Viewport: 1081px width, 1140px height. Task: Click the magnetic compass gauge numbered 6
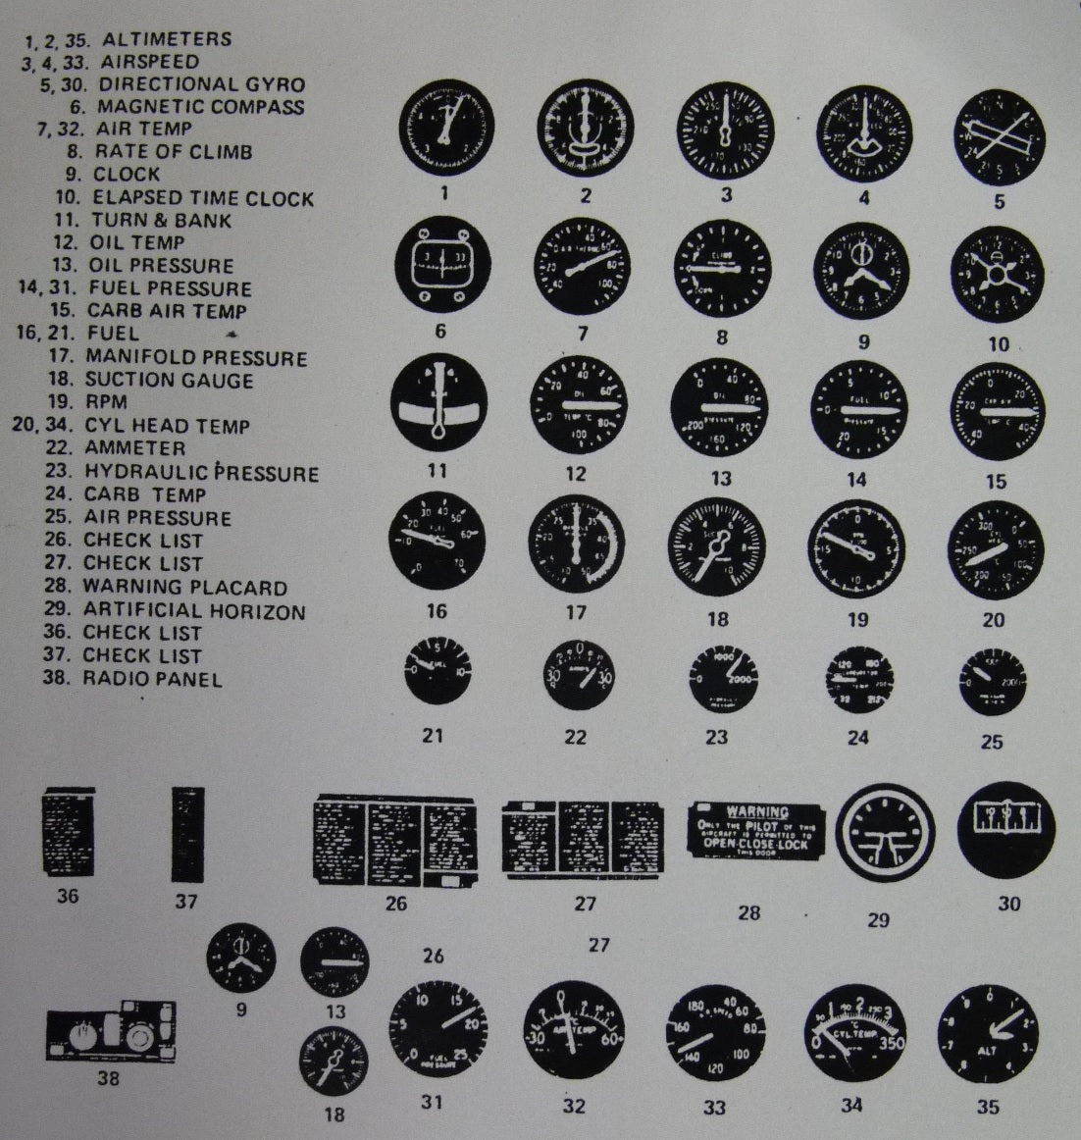[440, 267]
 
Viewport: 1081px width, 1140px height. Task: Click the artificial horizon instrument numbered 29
[886, 833]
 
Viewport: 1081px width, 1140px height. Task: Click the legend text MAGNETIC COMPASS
[201, 107]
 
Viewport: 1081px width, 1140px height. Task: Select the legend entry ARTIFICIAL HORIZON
[194, 611]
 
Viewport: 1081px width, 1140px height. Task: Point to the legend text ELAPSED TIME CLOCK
[203, 198]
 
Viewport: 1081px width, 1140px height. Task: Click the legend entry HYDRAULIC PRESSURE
[201, 473]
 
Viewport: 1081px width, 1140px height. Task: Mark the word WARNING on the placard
[764, 811]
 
